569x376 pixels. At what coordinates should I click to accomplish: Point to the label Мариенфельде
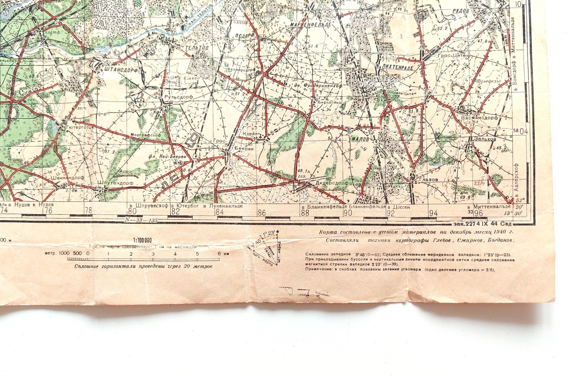311,25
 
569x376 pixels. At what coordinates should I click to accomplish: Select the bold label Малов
360,139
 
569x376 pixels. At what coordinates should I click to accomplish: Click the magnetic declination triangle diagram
268,248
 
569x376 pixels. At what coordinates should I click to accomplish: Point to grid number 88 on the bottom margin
305,213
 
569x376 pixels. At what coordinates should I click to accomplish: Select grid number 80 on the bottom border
132,211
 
